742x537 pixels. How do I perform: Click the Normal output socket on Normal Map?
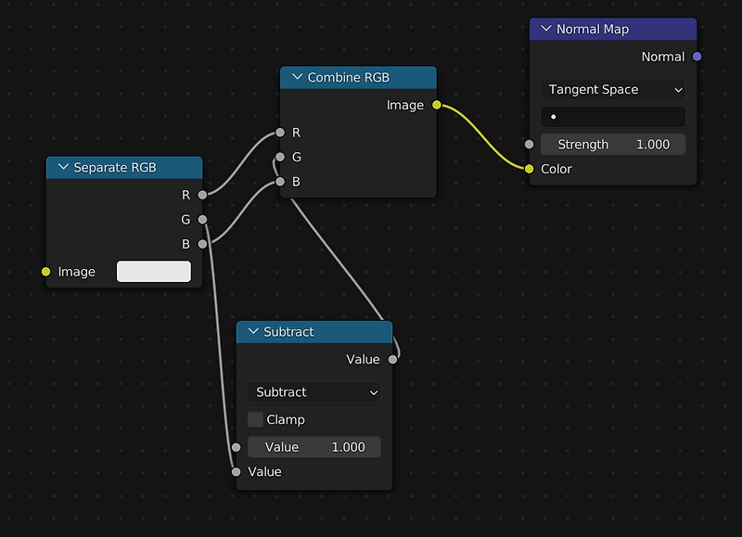click(697, 57)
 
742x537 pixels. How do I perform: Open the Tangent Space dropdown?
click(613, 89)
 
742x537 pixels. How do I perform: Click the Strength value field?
click(613, 145)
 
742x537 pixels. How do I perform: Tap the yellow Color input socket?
click(529, 169)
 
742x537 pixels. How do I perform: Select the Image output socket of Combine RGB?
click(437, 105)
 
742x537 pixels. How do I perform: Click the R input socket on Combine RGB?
click(280, 133)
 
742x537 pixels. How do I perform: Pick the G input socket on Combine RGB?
click(280, 157)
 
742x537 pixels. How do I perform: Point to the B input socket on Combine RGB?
click(280, 182)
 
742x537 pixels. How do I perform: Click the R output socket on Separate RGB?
click(202, 195)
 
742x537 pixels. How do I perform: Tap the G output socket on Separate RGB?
click(202, 220)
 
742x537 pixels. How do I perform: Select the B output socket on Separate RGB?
click(202, 244)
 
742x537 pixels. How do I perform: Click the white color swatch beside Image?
click(154, 272)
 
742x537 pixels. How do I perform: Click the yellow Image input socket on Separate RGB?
click(45, 272)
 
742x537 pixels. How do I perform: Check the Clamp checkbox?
click(256, 419)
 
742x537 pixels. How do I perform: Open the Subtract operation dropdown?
click(314, 392)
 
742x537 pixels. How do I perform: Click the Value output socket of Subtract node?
click(392, 360)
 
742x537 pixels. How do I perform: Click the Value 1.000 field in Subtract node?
click(314, 447)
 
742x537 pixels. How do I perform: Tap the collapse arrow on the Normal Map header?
click(546, 29)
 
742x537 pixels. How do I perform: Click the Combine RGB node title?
click(349, 78)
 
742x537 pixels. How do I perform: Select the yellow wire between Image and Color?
click(482, 137)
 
